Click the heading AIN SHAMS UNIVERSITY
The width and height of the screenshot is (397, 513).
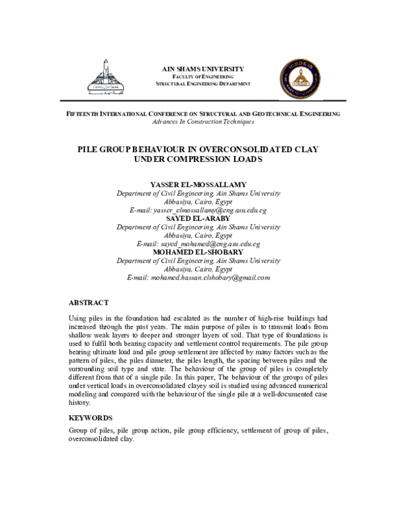203,69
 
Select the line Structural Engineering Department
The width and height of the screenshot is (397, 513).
203,85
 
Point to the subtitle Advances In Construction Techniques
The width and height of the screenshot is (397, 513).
203,122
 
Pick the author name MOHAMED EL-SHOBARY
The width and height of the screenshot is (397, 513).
198,252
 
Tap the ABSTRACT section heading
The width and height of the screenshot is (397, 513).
89,302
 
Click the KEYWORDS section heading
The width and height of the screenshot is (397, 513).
91,418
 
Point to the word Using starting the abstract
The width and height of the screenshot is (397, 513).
78,318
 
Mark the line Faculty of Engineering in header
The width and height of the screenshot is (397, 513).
203,77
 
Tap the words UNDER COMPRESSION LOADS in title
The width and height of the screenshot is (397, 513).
198,160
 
